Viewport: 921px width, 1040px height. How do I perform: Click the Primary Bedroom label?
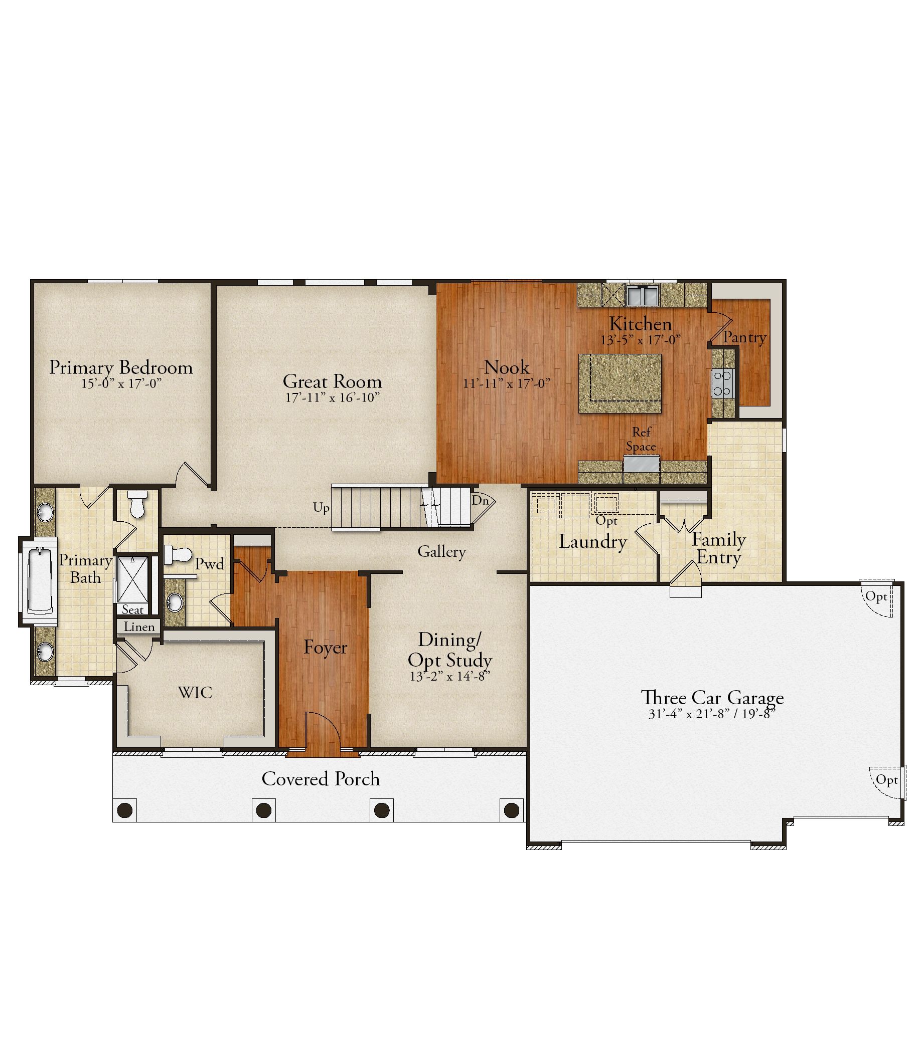(x=121, y=368)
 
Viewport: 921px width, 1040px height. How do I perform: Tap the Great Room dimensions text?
(x=333, y=397)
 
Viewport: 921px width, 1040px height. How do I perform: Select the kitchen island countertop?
(x=620, y=383)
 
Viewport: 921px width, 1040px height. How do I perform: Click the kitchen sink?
(x=643, y=295)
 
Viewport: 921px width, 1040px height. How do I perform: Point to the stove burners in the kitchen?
(x=723, y=383)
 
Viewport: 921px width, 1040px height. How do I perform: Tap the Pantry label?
(x=745, y=337)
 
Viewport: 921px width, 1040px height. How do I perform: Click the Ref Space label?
(x=641, y=439)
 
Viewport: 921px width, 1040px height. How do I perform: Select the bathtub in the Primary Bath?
(x=39, y=581)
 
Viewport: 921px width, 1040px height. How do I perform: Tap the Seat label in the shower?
(x=133, y=609)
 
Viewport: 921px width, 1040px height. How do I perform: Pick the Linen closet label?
(x=139, y=627)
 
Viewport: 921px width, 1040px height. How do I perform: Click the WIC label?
(x=195, y=692)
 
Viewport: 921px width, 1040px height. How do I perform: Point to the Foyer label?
(x=326, y=647)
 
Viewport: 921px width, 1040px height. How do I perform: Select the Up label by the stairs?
(x=321, y=508)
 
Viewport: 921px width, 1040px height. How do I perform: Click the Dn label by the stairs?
(x=480, y=500)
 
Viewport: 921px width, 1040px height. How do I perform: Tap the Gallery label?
(x=442, y=551)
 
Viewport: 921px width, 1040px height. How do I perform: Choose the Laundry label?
(x=592, y=541)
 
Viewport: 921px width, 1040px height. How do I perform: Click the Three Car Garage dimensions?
(x=712, y=714)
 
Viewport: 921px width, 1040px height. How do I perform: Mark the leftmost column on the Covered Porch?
(x=125, y=810)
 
